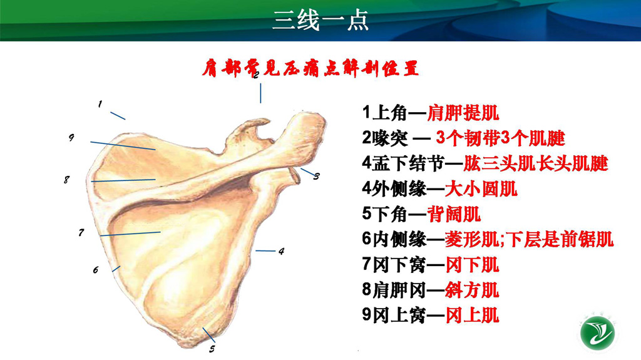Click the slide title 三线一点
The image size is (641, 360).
pos(320,20)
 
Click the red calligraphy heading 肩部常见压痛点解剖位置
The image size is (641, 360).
pos(310,68)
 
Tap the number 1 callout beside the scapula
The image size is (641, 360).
pos(100,105)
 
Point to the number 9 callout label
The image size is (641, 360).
pos(71,138)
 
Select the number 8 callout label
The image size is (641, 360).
pos(66,180)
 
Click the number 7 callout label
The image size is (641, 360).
pos(81,232)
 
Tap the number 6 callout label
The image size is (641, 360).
pos(96,270)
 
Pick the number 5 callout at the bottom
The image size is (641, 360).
pos(212,349)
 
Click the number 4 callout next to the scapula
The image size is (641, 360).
pos(281,251)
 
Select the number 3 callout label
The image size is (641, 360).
pos(316,177)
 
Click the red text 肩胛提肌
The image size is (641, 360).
pos(463,113)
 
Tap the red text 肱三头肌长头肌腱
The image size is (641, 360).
pos(536,163)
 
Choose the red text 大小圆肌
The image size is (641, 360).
pos(481,188)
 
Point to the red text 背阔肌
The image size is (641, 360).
pos(454,214)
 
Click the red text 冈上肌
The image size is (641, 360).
pos(472,315)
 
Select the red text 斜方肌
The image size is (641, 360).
pos(472,290)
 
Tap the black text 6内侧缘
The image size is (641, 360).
pos(394,239)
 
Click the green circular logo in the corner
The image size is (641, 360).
pos(598,334)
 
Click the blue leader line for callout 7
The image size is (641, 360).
pos(130,234)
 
